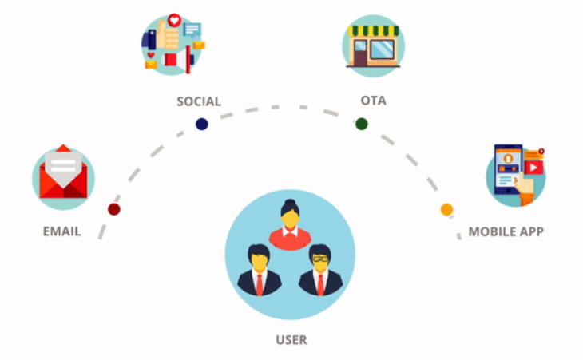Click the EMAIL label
(x=62, y=231)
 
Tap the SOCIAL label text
(x=199, y=101)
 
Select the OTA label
(x=373, y=101)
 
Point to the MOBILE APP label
(x=506, y=231)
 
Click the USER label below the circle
(x=291, y=339)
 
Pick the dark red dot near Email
(x=114, y=209)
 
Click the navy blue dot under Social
(x=202, y=124)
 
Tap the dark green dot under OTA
(x=362, y=124)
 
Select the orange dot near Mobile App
(x=446, y=210)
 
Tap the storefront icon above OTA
(x=373, y=46)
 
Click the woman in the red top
(x=290, y=225)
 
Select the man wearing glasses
(x=320, y=270)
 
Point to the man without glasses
(x=260, y=270)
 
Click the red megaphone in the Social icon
(x=179, y=59)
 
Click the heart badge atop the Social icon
(x=174, y=20)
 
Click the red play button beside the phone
(x=534, y=167)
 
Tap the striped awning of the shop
(x=373, y=31)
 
